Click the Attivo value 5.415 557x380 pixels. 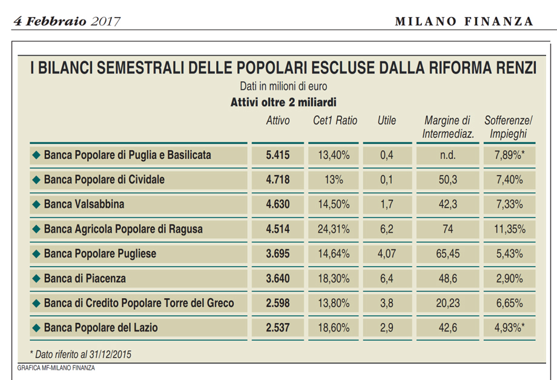click(x=277, y=155)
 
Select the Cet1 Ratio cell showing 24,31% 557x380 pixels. click(x=334, y=229)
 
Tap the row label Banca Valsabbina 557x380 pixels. click(x=84, y=204)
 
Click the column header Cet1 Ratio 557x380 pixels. click(x=335, y=121)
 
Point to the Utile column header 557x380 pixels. click(x=386, y=121)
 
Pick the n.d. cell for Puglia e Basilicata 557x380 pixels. click(x=447, y=155)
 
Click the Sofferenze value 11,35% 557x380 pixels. click(x=510, y=229)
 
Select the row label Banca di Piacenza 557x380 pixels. click(x=85, y=279)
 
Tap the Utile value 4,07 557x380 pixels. click(x=386, y=254)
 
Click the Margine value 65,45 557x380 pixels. click(x=447, y=254)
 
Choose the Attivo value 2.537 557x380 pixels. click(x=277, y=328)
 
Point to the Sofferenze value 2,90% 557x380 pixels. click(x=510, y=279)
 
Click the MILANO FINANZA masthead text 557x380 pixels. click(x=464, y=21)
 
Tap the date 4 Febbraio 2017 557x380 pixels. click(x=67, y=21)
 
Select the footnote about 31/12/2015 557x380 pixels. click(x=81, y=353)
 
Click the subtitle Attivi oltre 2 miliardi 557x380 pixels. click(x=283, y=102)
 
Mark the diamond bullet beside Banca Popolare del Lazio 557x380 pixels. click(x=36, y=328)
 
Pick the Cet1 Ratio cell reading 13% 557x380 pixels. click(x=334, y=180)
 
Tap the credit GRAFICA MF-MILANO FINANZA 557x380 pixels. click(x=56, y=368)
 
